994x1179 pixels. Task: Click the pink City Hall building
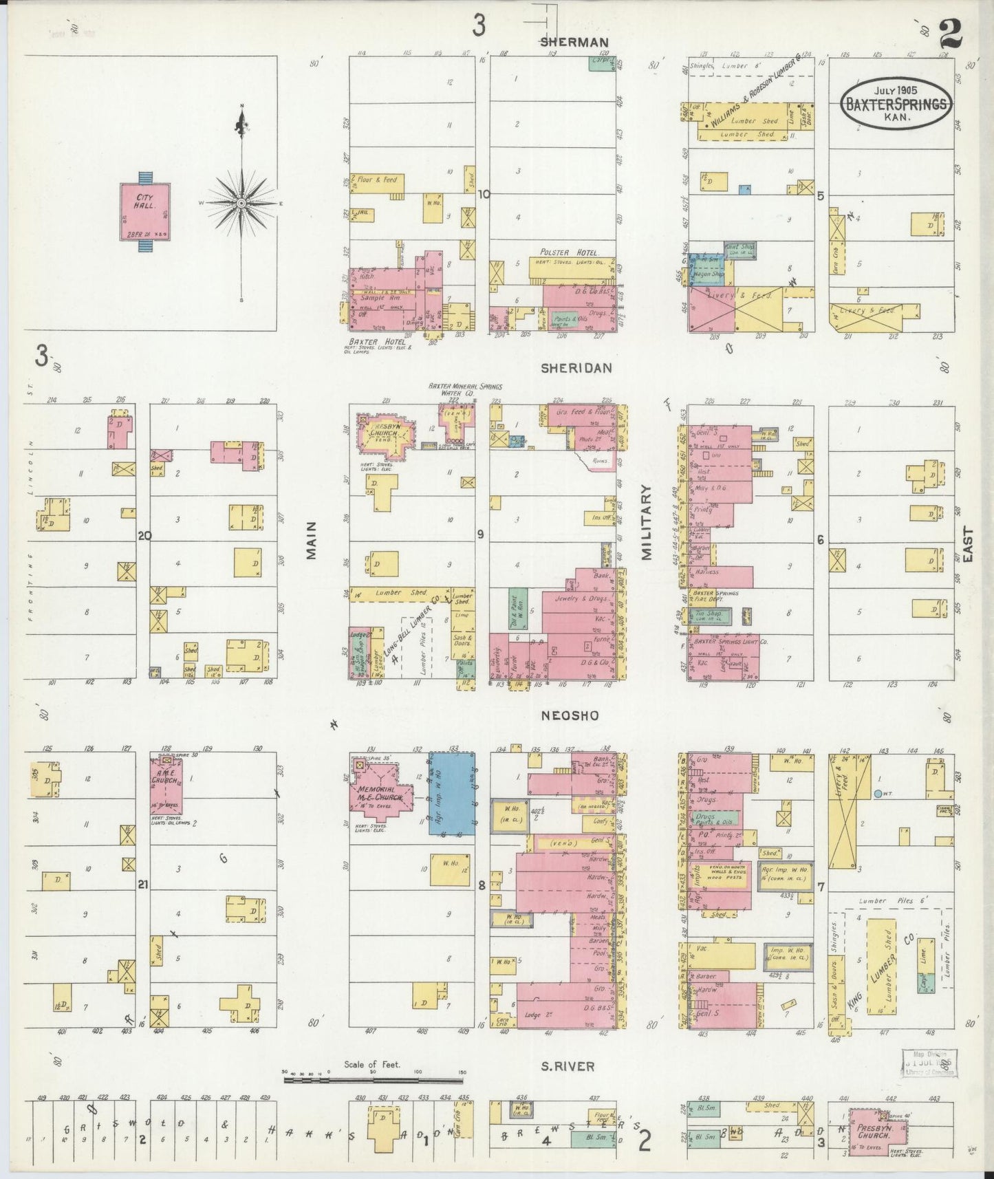pos(144,210)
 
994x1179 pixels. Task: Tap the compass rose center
pos(241,204)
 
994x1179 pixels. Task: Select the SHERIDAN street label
pos(576,368)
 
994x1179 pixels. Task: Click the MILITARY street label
pos(647,523)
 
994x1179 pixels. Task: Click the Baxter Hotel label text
pos(365,341)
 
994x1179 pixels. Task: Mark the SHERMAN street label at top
pos(574,42)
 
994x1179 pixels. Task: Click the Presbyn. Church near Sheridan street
pos(385,435)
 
